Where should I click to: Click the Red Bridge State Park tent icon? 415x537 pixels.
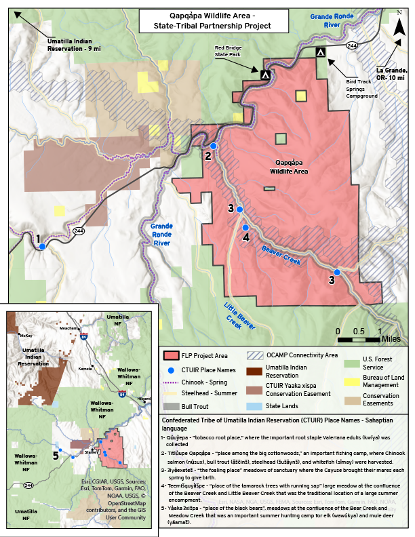[265, 75]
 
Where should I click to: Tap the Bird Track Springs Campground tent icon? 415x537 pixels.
[320, 52]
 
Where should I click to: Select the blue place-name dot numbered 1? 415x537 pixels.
[42, 247]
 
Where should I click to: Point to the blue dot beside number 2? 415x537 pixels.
[214, 146]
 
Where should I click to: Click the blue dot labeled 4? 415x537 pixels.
[245, 228]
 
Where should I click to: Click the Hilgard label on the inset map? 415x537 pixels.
[144, 399]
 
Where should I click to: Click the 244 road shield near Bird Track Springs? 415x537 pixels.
[352, 45]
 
